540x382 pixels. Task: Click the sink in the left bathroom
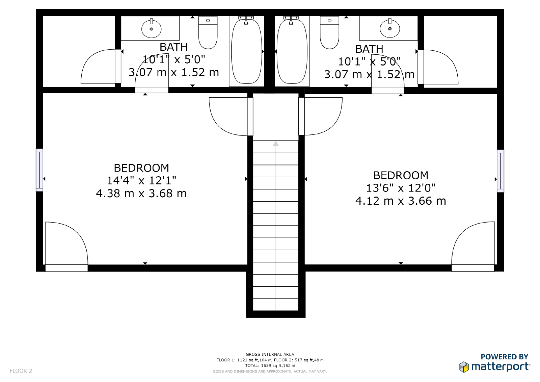[x=151, y=28]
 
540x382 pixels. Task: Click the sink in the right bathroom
[x=390, y=28]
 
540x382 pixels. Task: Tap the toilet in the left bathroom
[x=208, y=33]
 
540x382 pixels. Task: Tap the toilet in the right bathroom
[x=329, y=33]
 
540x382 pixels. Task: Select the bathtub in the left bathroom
[x=246, y=51]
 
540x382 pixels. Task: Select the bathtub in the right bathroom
[x=292, y=51]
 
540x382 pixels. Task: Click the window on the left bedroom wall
[x=39, y=170]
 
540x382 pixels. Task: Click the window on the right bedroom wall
[x=500, y=171]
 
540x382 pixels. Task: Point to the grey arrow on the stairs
[x=276, y=144]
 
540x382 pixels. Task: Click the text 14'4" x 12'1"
[x=141, y=181]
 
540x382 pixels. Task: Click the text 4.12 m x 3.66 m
[x=401, y=201]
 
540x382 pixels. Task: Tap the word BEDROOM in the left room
[x=141, y=168]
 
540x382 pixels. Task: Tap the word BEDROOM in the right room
[x=401, y=175]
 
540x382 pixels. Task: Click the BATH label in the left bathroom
[x=173, y=47]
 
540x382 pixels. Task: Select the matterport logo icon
[x=464, y=367]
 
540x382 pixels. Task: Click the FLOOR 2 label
[x=21, y=371]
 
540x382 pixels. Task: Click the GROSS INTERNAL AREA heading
[x=270, y=354]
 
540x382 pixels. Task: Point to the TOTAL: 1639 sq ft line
[x=270, y=365]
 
